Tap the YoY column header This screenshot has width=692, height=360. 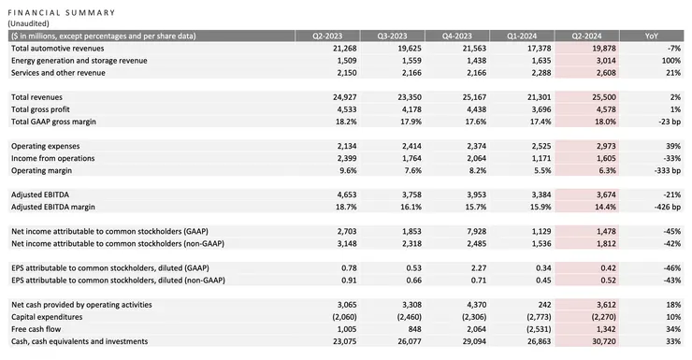[652, 36]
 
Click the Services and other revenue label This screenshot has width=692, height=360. [62, 72]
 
